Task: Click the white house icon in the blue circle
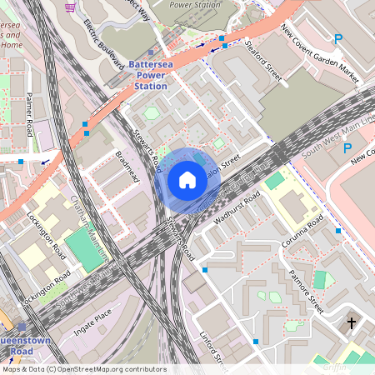coord(187,179)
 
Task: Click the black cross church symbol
coord(351,322)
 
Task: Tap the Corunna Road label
coord(302,232)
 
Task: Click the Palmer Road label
coord(29,114)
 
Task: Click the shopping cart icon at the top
coord(71,7)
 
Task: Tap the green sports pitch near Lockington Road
coord(80,248)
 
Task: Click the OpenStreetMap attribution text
coord(83,368)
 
